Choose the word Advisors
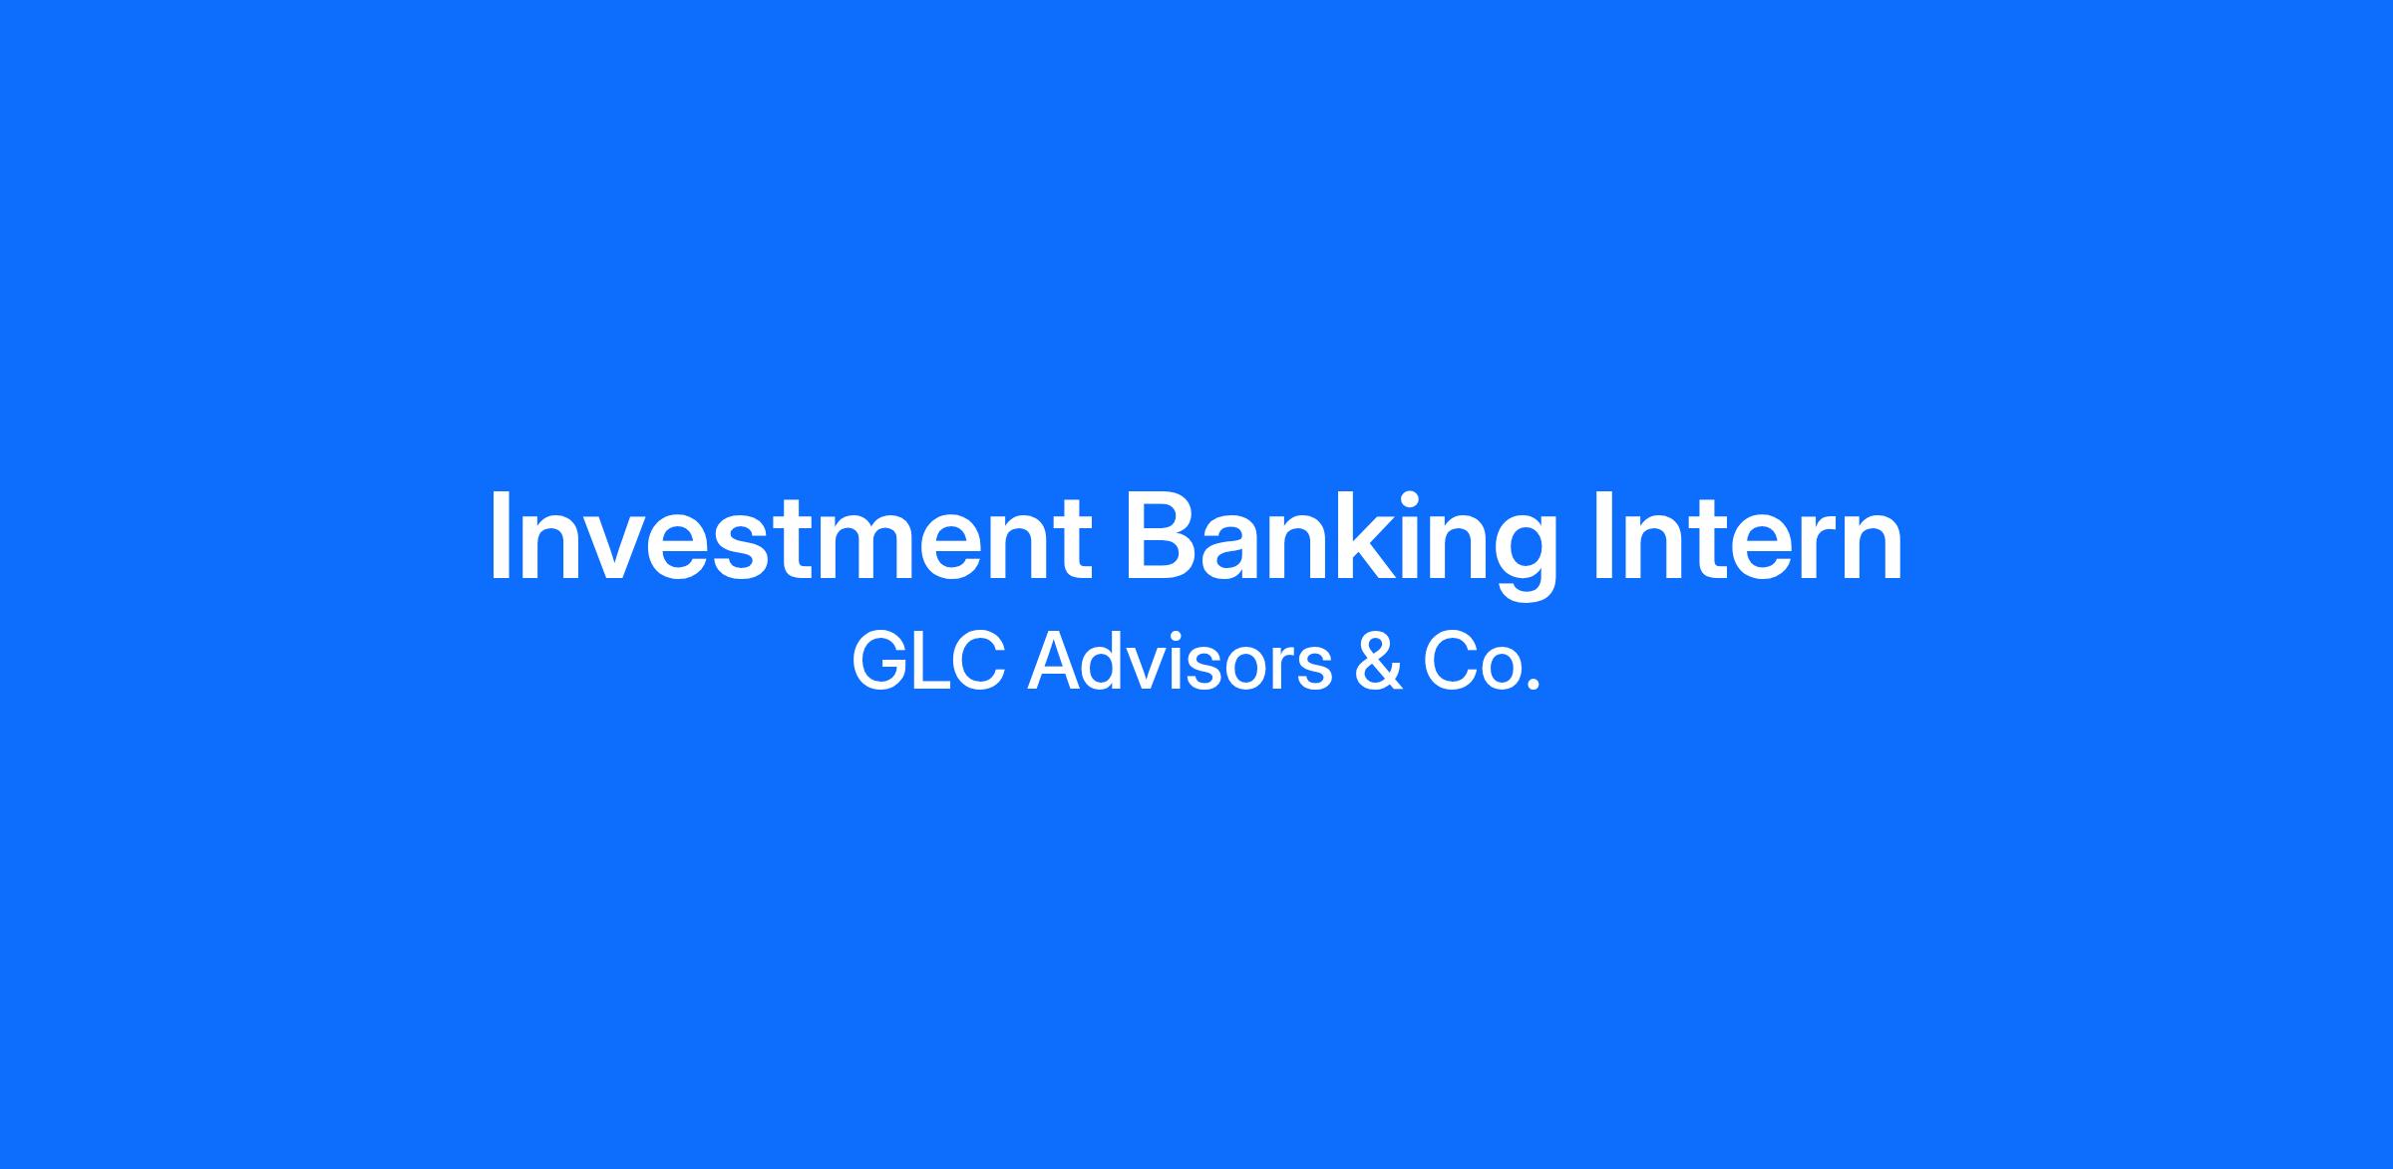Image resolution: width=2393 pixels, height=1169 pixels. pyautogui.click(x=1180, y=661)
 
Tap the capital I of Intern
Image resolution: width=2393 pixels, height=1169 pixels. pyautogui.click(x=1603, y=536)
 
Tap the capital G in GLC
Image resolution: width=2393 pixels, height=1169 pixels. pyautogui.click(x=879, y=662)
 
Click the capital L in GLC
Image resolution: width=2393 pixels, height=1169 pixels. pyautogui.click(x=935, y=662)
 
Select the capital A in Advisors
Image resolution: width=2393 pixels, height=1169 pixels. pyautogui.click(x=1055, y=662)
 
